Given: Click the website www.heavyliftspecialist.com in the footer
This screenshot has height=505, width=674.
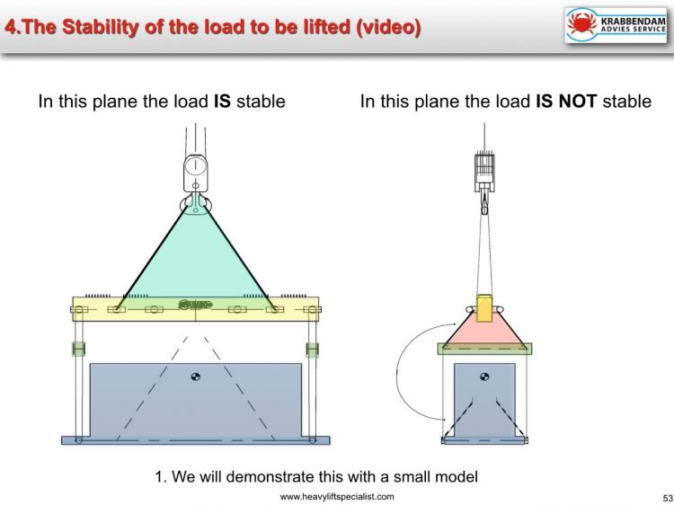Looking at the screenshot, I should (x=336, y=497).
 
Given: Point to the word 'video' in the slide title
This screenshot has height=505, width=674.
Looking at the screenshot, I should (x=386, y=27).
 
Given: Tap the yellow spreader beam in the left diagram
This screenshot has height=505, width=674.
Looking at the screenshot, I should (x=195, y=310).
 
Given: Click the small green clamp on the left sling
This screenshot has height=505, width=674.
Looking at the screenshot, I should (x=78, y=349).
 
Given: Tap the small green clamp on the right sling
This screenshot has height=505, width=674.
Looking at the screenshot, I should (x=312, y=349).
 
